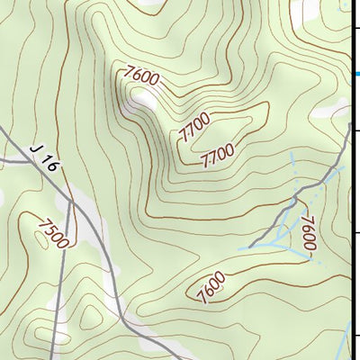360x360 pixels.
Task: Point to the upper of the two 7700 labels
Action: pos(194,129)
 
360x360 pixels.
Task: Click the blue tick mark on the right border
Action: pos(356,74)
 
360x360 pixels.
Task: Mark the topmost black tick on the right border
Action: pos(356,30)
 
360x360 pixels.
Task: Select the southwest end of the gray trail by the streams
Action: pos(251,246)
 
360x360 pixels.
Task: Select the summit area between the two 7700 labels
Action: pos(216,135)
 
